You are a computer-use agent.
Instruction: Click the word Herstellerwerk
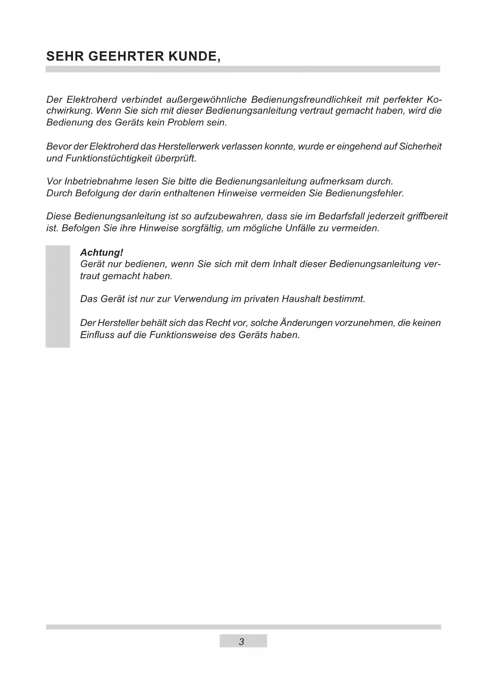[189, 147]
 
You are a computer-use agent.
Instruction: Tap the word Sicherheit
[420, 147]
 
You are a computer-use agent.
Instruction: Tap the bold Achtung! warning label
[102, 253]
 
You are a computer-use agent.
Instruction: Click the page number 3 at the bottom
[241, 642]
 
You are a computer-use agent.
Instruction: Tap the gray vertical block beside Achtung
[58, 297]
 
